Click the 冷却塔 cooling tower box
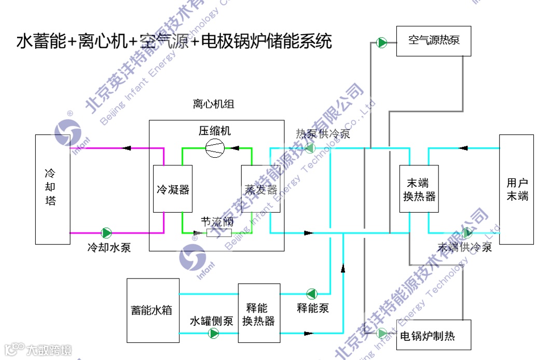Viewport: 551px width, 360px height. click(x=52, y=189)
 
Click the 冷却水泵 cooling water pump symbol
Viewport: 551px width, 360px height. click(x=106, y=232)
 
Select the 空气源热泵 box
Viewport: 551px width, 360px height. click(x=434, y=41)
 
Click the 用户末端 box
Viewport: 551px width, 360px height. click(x=516, y=189)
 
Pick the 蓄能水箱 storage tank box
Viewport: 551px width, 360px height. click(x=153, y=310)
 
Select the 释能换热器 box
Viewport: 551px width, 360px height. click(x=259, y=313)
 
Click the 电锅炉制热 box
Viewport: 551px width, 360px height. click(x=434, y=335)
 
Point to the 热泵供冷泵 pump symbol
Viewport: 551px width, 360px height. click(x=310, y=148)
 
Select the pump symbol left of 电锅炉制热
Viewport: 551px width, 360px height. click(x=382, y=333)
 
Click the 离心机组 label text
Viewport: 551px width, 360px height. click(x=214, y=105)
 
